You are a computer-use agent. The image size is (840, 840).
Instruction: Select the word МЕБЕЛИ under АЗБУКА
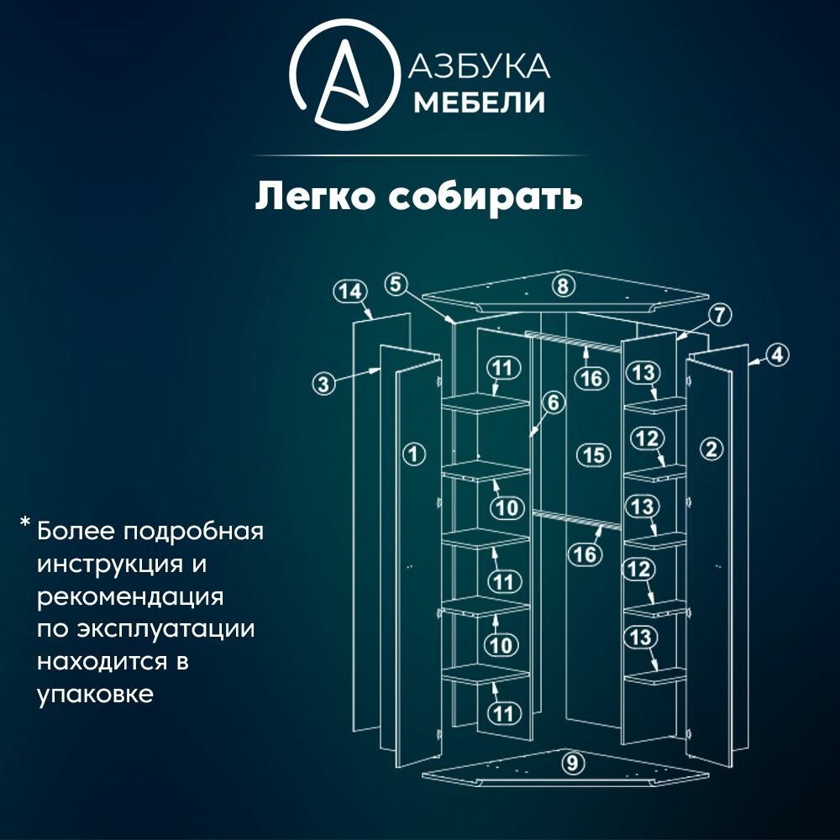(480, 102)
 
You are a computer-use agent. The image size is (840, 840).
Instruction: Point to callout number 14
(350, 291)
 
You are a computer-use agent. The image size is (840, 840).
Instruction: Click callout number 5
(397, 283)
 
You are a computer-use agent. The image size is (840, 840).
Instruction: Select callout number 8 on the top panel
(563, 286)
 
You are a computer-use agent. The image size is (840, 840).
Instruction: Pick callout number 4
(778, 354)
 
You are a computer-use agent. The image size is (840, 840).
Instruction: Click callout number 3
(324, 385)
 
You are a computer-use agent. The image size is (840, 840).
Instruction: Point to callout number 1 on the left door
(413, 454)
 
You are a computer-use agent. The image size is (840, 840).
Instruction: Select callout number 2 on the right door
(711, 449)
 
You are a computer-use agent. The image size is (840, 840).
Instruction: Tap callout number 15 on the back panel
(593, 454)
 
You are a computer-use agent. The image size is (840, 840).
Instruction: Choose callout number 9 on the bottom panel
(572, 764)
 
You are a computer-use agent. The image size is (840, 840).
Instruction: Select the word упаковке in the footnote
(95, 695)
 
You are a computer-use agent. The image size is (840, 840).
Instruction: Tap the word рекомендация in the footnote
(130, 597)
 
